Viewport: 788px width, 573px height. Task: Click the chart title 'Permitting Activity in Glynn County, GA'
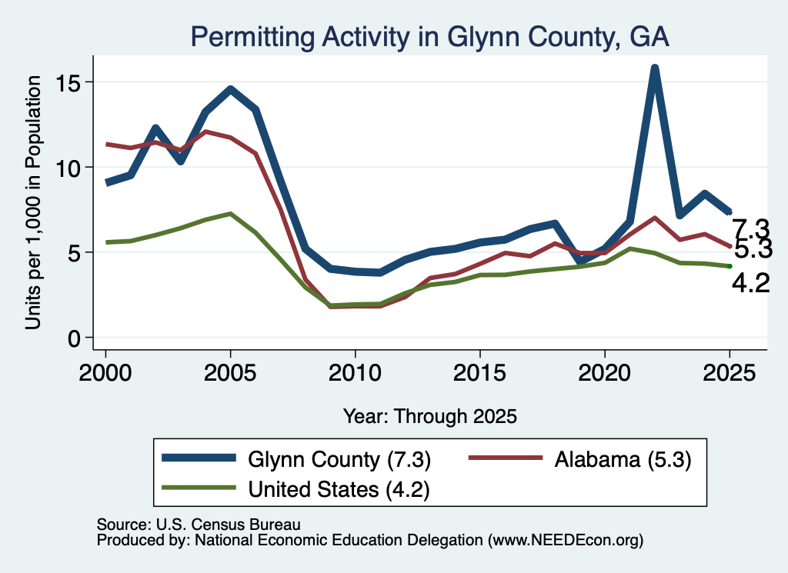tap(429, 38)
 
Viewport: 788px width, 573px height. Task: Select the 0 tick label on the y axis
tap(75, 338)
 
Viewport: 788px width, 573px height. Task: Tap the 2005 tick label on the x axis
tap(230, 373)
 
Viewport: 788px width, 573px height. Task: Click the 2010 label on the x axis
tap(355, 373)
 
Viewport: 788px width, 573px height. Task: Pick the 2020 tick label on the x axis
tap(605, 373)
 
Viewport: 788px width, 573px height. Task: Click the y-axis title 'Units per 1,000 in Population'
tap(33, 202)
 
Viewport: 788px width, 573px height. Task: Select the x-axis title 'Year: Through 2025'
tap(429, 416)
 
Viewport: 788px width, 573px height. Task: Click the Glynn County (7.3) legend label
tap(339, 459)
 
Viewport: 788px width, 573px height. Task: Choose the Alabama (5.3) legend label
tap(623, 459)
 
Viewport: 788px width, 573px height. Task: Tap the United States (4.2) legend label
tap(339, 490)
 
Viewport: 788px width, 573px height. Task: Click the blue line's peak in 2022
tap(654, 68)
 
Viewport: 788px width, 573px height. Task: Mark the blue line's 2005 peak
tap(230, 89)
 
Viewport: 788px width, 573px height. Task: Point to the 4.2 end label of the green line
tap(751, 284)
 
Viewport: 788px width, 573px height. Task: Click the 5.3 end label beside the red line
tap(753, 249)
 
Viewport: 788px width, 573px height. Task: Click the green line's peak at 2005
tap(230, 213)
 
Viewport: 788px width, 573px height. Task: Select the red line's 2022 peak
tap(654, 218)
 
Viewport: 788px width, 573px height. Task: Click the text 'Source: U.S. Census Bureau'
tap(199, 525)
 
